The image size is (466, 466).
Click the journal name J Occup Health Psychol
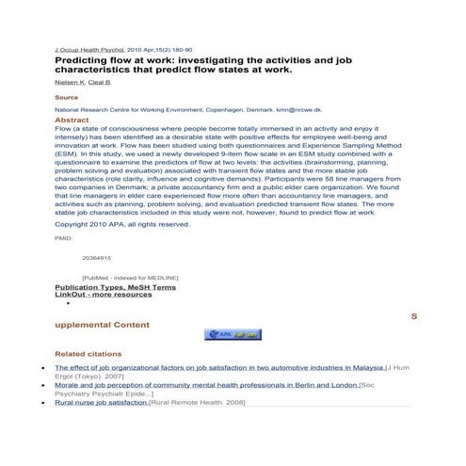pos(89,49)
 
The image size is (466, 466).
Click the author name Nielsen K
pos(69,83)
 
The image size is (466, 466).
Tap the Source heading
pos(67,97)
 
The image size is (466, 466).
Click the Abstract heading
pos(72,121)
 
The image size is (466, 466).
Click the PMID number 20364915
pos(96,257)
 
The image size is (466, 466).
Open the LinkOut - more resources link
pos(103,294)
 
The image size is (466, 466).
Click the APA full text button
pos(233,334)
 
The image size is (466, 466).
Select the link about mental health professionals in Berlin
pos(205,385)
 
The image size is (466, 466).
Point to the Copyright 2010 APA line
pos(122,224)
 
